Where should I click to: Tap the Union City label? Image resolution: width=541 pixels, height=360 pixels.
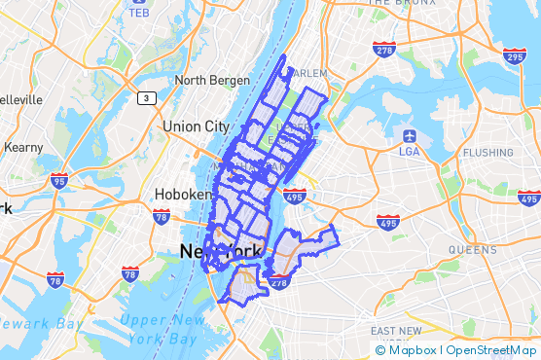196,126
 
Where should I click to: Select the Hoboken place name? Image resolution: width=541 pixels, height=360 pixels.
184,195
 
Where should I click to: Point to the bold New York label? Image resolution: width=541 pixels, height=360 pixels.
220,252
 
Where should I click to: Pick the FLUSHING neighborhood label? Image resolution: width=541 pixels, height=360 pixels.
487,153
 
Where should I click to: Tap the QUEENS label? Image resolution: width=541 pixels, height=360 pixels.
472,250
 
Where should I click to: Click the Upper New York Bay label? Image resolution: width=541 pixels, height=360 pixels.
164,329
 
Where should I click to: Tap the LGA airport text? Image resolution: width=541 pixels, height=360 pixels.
409,151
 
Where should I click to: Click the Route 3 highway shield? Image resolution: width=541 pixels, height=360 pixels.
145,97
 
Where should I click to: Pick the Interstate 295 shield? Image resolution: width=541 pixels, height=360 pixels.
515,56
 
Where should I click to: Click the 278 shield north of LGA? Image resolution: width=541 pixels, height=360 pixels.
384,49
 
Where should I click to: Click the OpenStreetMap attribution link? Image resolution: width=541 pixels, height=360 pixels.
491,350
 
